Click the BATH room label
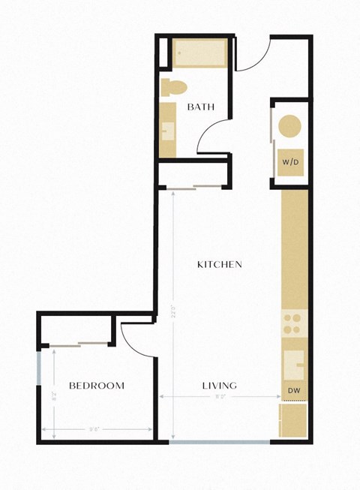pyautogui.click(x=201, y=107)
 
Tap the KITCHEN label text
pyautogui.click(x=219, y=264)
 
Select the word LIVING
pyautogui.click(x=219, y=386)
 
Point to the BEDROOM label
pyautogui.click(x=96, y=386)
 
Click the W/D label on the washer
pyautogui.click(x=290, y=162)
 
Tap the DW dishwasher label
pyautogui.click(x=293, y=392)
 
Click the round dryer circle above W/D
pyautogui.click(x=290, y=126)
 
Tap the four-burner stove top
pyautogui.click(x=292, y=324)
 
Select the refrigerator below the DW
pyautogui.click(x=293, y=421)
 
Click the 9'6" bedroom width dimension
pyautogui.click(x=95, y=430)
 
